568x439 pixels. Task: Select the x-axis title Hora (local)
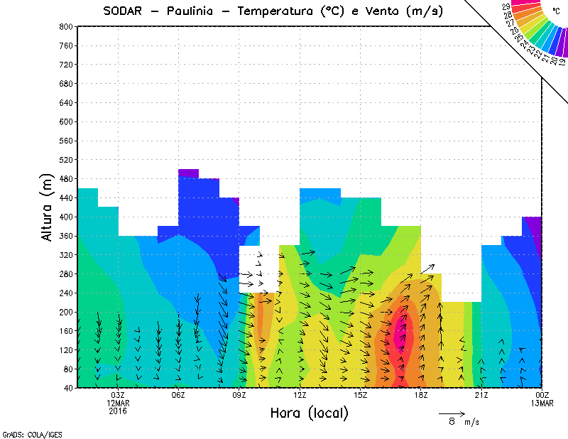tap(309, 413)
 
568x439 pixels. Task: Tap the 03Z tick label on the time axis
tap(118, 395)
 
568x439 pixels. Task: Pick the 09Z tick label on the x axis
tap(239, 395)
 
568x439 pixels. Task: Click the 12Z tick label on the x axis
tap(300, 395)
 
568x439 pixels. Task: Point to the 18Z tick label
tap(421, 395)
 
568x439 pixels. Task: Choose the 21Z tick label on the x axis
tap(481, 395)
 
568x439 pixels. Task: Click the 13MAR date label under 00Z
tap(542, 403)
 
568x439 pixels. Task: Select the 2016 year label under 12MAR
tap(118, 411)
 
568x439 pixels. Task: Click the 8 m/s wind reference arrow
tap(452, 413)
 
